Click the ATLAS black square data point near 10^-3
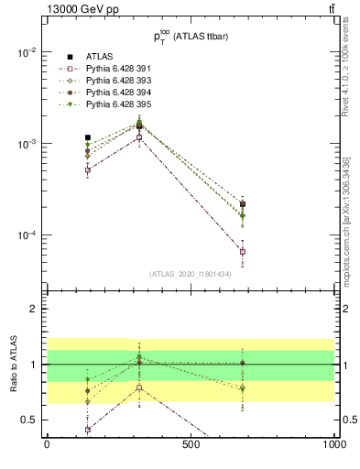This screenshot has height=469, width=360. pyautogui.click(x=88, y=137)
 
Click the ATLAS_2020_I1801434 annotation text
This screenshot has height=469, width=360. pyautogui.click(x=190, y=274)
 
